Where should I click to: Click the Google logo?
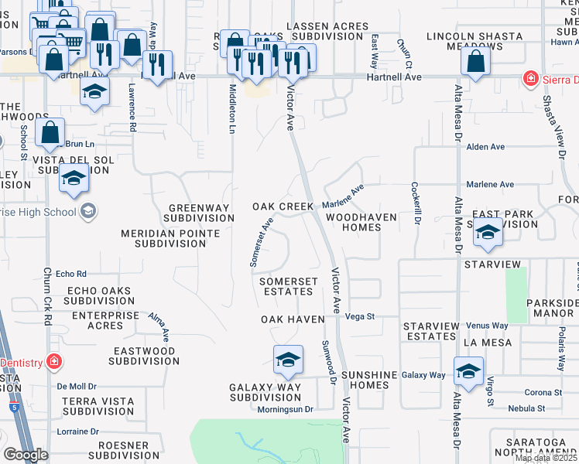(26, 455)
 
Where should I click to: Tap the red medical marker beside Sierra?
(530, 78)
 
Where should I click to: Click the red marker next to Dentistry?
(54, 361)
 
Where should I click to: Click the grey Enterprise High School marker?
(87, 211)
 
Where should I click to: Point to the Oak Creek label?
(283, 207)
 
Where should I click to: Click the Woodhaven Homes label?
(361, 223)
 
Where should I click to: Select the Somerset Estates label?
(286, 286)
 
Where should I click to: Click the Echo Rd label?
(71, 274)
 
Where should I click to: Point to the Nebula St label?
(527, 408)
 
